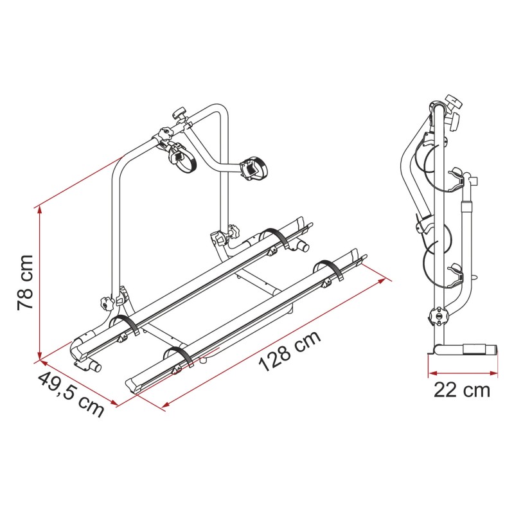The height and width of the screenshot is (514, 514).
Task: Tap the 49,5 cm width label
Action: point(71,393)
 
